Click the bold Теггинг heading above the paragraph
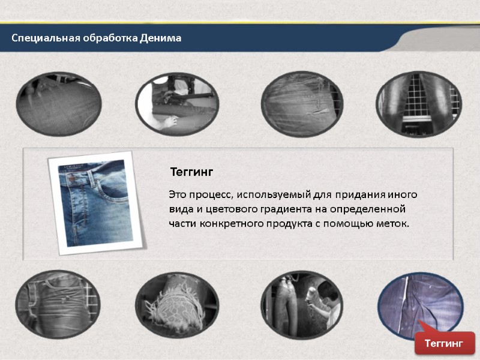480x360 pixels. click(191, 172)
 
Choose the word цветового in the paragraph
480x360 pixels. click(226, 209)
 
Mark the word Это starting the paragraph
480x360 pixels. click(177, 195)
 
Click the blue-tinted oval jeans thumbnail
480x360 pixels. click(420, 305)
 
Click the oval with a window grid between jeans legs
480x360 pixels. click(419, 103)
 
